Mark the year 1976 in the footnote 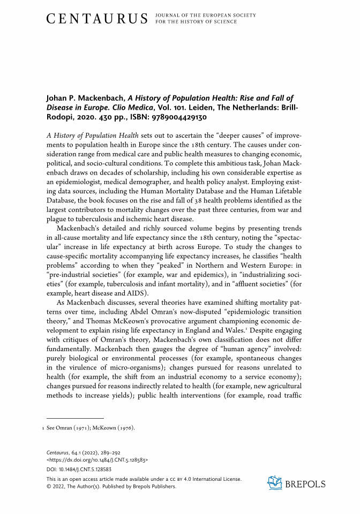(x=125, y=427)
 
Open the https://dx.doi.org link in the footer (x=98, y=459)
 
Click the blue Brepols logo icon (x=274, y=483)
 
